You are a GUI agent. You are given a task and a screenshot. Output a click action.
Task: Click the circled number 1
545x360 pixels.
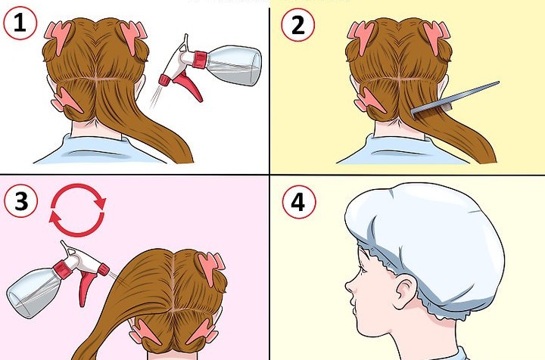[20, 23]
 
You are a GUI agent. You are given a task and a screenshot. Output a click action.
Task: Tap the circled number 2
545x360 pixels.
[298, 25]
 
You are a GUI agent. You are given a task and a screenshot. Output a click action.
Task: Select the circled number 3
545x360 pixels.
[21, 201]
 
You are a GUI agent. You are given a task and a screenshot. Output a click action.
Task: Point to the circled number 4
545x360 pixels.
[299, 202]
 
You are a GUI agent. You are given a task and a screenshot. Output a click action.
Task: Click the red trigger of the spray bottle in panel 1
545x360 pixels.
[187, 84]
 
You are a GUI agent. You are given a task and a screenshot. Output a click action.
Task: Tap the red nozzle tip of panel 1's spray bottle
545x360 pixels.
[164, 80]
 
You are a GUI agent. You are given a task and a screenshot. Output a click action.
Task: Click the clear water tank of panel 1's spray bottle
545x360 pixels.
[234, 65]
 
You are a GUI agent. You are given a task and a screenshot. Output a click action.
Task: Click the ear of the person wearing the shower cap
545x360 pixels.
[406, 289]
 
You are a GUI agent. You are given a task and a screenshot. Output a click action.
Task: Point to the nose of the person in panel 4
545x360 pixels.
[349, 286]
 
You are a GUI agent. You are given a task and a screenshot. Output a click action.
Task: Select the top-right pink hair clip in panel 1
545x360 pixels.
[132, 36]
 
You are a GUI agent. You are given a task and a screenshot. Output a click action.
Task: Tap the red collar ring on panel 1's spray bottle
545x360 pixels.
[200, 59]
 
